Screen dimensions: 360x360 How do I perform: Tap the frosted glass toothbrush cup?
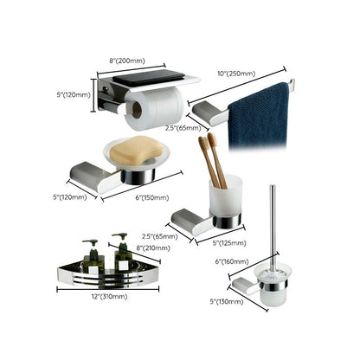click(216, 200)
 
